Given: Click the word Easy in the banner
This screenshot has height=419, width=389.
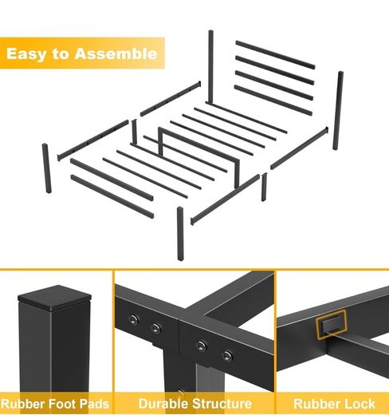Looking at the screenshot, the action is (x=26, y=54).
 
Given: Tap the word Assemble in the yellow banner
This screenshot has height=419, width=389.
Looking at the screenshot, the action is (x=116, y=53).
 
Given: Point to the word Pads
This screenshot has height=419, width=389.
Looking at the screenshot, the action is (x=95, y=403).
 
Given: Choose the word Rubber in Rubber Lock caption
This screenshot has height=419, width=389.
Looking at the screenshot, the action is (x=317, y=404).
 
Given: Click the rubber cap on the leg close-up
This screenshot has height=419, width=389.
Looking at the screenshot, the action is (x=54, y=298).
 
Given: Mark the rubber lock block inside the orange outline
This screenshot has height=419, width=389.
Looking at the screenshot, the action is (x=332, y=324).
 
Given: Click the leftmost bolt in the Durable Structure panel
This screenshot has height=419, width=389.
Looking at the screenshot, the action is (x=133, y=319).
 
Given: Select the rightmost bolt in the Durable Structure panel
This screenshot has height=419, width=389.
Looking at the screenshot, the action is (x=227, y=356).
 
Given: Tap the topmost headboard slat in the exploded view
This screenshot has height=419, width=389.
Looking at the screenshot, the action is (x=275, y=55).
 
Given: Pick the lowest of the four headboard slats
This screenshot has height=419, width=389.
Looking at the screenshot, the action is (x=273, y=101).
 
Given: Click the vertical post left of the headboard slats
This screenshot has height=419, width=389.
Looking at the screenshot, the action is (x=211, y=66).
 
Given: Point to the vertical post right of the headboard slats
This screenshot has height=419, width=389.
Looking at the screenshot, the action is (x=338, y=110).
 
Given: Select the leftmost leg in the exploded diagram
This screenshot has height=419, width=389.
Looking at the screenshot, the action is (x=47, y=168).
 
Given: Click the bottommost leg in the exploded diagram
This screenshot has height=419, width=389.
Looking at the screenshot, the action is (x=180, y=234).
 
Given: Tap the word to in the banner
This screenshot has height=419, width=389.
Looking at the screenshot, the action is (x=60, y=54).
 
